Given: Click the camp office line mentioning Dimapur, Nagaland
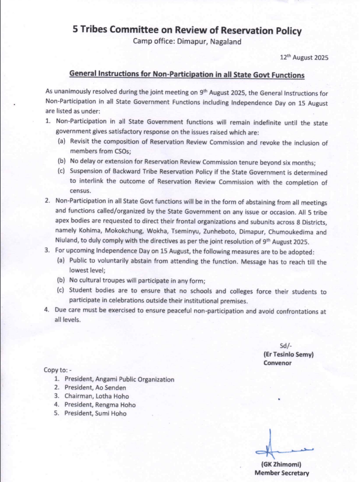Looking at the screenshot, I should (x=187, y=41).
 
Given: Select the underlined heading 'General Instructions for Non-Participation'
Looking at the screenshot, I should (x=187, y=74).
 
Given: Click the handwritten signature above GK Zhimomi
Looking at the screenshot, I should (x=283, y=449).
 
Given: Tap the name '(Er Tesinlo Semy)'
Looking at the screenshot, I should (x=288, y=355).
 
